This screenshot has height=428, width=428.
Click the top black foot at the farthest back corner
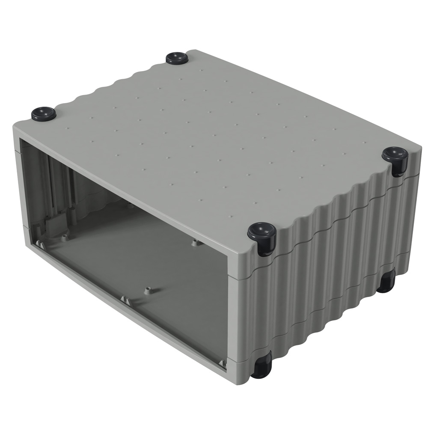[x=177, y=58]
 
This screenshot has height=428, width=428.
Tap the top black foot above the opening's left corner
[x=44, y=113]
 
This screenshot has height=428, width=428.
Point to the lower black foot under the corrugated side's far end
[x=386, y=281]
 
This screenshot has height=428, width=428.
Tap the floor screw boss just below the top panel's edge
[x=196, y=243]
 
